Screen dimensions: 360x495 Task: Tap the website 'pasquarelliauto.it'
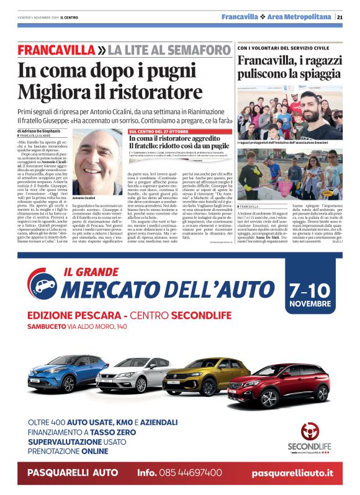pos(292,473)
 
